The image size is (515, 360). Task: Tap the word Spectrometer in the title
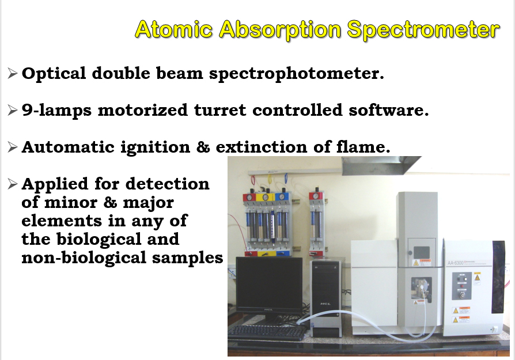423,30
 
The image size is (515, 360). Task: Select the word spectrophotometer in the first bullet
297,73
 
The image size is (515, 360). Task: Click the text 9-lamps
56,110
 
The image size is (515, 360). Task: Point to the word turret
219,110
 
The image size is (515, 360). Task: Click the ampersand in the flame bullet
203,147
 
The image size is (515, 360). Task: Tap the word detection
168,184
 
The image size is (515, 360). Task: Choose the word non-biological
84,257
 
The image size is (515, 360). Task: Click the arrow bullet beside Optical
12,73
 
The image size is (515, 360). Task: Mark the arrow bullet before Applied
12,184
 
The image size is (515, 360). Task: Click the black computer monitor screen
269,282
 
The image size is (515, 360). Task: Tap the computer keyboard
267,332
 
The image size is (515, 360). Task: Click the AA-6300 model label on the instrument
455,263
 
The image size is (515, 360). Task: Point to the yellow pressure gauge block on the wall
266,198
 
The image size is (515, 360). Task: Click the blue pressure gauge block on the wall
282,197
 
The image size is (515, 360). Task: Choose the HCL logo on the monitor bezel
269,309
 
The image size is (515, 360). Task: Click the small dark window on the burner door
422,253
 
